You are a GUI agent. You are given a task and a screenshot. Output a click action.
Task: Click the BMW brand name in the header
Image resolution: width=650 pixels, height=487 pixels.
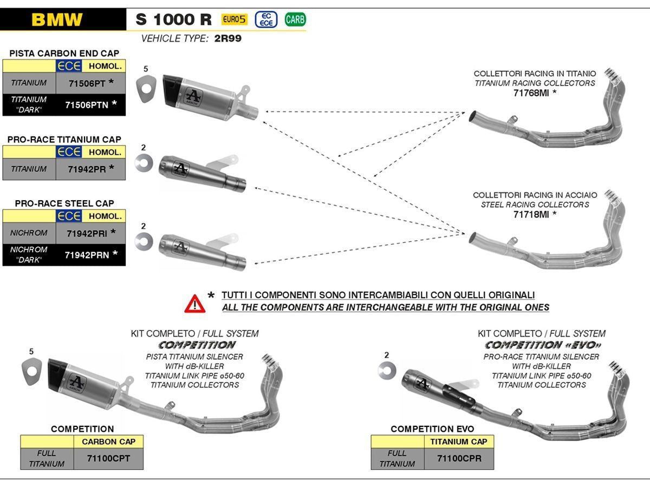57,20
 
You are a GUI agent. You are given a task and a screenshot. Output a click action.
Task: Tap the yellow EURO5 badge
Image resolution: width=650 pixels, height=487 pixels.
234,20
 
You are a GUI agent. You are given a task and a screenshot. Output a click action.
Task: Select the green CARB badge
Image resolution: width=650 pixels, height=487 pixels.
295,20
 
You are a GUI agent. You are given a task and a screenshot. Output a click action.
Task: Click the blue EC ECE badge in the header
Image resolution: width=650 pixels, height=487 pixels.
266,20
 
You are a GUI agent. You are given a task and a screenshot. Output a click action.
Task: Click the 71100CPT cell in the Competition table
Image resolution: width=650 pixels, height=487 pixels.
108,459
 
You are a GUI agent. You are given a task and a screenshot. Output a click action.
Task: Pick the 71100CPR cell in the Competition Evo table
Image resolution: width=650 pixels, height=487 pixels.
458,459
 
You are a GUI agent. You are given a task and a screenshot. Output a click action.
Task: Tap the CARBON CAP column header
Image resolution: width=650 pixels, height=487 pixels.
108,442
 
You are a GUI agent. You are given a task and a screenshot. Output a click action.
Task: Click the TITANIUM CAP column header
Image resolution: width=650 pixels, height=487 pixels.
458,442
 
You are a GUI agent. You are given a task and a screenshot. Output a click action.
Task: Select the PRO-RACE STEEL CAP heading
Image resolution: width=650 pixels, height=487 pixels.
64,203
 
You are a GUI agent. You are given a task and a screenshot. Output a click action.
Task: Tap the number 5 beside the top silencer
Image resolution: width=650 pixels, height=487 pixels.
145,69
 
